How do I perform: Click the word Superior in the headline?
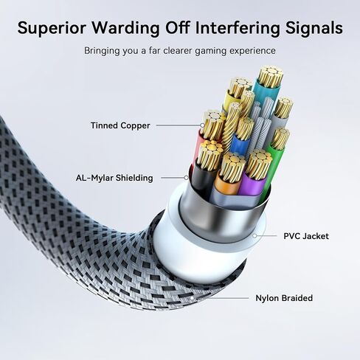[52, 28]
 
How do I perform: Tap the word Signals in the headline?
[314, 29]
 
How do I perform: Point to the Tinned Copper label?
[120, 125]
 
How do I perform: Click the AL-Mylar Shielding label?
[114, 178]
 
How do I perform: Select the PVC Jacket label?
[306, 236]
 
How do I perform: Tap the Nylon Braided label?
[284, 298]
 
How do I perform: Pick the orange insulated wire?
[226, 185]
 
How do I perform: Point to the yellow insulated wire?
[231, 101]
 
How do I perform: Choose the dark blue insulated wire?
[240, 145]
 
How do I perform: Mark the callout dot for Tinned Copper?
[202, 125]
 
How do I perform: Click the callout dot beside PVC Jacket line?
[255, 236]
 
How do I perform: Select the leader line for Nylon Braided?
[220, 298]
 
